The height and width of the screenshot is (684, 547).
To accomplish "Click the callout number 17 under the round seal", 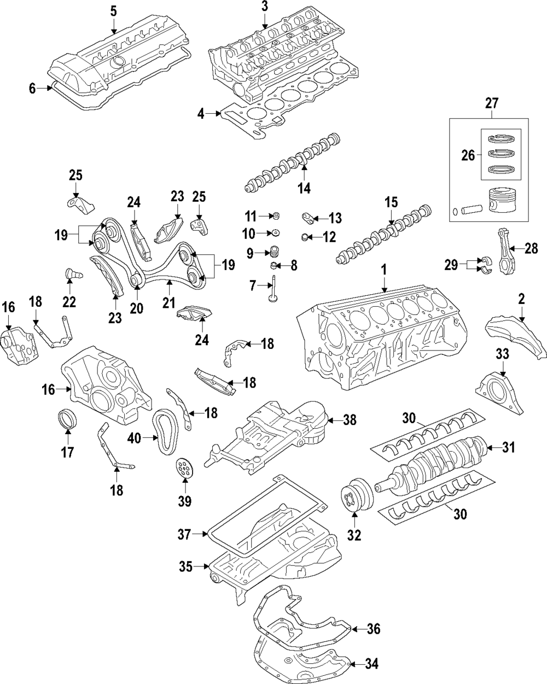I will point(67,452).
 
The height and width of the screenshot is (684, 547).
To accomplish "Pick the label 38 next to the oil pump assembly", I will point(350,420).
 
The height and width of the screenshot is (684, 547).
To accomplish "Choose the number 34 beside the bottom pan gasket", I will point(371,664).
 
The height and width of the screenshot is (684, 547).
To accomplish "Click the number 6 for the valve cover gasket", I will point(32,88).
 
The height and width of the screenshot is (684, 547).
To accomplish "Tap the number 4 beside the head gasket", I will point(201,114).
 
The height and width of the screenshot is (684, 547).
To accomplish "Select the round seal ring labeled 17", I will point(67,418).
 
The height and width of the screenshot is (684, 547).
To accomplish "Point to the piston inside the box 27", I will point(500,204).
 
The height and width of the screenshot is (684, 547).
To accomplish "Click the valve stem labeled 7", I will point(271,290).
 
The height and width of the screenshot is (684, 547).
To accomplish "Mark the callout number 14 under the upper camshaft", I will point(304,189).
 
